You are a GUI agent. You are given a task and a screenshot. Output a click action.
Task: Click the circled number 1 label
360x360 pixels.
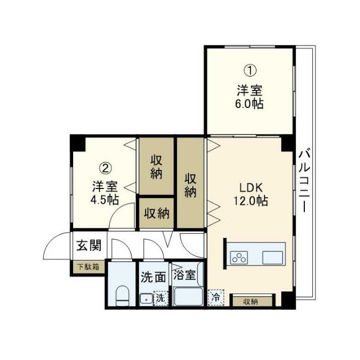(x=250, y=71)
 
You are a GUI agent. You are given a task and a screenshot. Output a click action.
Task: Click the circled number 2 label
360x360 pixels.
(x=105, y=168)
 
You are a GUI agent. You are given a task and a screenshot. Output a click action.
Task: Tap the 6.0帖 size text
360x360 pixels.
(x=250, y=104)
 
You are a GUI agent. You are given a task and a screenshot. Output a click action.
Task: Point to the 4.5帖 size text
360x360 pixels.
(x=105, y=200)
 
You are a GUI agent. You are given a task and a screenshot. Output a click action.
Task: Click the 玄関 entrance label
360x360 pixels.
(x=89, y=245)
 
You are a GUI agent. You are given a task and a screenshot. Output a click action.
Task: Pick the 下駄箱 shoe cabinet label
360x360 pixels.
(x=88, y=267)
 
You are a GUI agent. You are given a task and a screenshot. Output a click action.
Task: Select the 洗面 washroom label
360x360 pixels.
(x=153, y=277)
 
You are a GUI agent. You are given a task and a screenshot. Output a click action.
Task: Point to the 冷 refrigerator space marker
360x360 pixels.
(x=214, y=298)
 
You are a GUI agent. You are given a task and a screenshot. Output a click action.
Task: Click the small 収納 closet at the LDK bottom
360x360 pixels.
(x=250, y=301)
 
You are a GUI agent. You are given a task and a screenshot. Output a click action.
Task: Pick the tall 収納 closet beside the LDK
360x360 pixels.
(x=191, y=184)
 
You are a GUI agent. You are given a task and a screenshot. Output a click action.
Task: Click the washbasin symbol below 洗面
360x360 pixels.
(x=145, y=298)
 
